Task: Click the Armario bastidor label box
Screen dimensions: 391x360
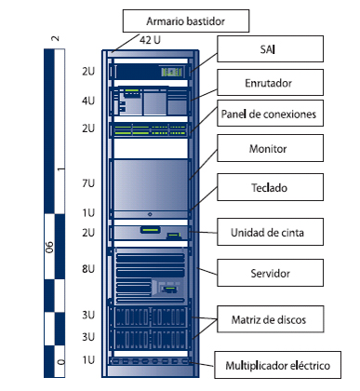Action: click(x=186, y=20)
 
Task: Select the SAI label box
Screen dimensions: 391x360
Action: click(x=271, y=47)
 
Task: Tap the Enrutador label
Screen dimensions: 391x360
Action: click(x=271, y=83)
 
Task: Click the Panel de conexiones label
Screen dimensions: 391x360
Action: click(x=270, y=115)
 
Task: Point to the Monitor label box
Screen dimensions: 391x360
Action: click(x=271, y=149)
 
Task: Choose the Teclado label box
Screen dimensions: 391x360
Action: click(x=271, y=188)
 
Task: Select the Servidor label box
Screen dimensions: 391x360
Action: click(x=271, y=274)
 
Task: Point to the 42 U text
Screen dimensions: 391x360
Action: click(x=150, y=40)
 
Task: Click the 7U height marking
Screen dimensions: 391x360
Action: click(x=87, y=183)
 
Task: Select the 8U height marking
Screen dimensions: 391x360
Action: click(x=87, y=269)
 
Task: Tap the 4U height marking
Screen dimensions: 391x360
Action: click(x=87, y=100)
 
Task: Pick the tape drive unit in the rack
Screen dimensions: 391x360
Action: click(x=150, y=232)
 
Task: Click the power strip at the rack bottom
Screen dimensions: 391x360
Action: click(x=150, y=360)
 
